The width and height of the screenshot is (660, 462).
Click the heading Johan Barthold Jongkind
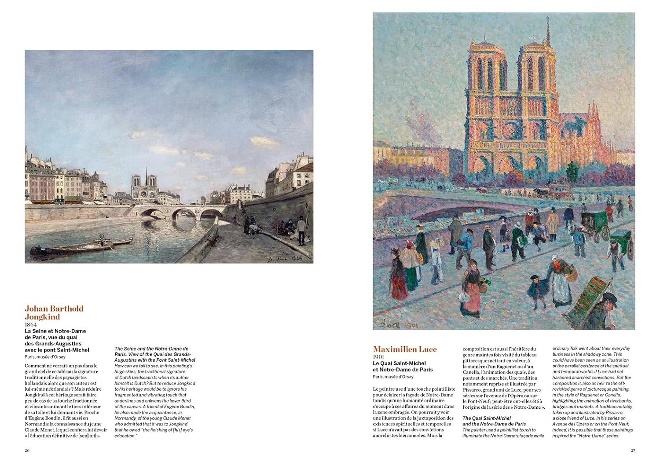pyautogui.click(x=54, y=312)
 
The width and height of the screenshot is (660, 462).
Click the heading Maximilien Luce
pyautogui.click(x=405, y=349)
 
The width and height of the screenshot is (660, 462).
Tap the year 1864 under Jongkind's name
pyautogui.click(x=32, y=324)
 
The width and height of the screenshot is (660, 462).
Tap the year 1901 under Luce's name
pyautogui.click(x=379, y=357)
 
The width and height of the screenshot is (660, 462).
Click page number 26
pyautogui.click(x=27, y=450)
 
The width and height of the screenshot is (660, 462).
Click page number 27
pyautogui.click(x=633, y=450)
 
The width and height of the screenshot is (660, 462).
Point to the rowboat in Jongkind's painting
pyautogui.click(x=81, y=247)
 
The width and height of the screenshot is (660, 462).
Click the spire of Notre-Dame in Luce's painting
pyautogui.click(x=548, y=31)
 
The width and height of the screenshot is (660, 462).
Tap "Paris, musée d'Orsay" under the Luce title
pyautogui.click(x=393, y=377)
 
